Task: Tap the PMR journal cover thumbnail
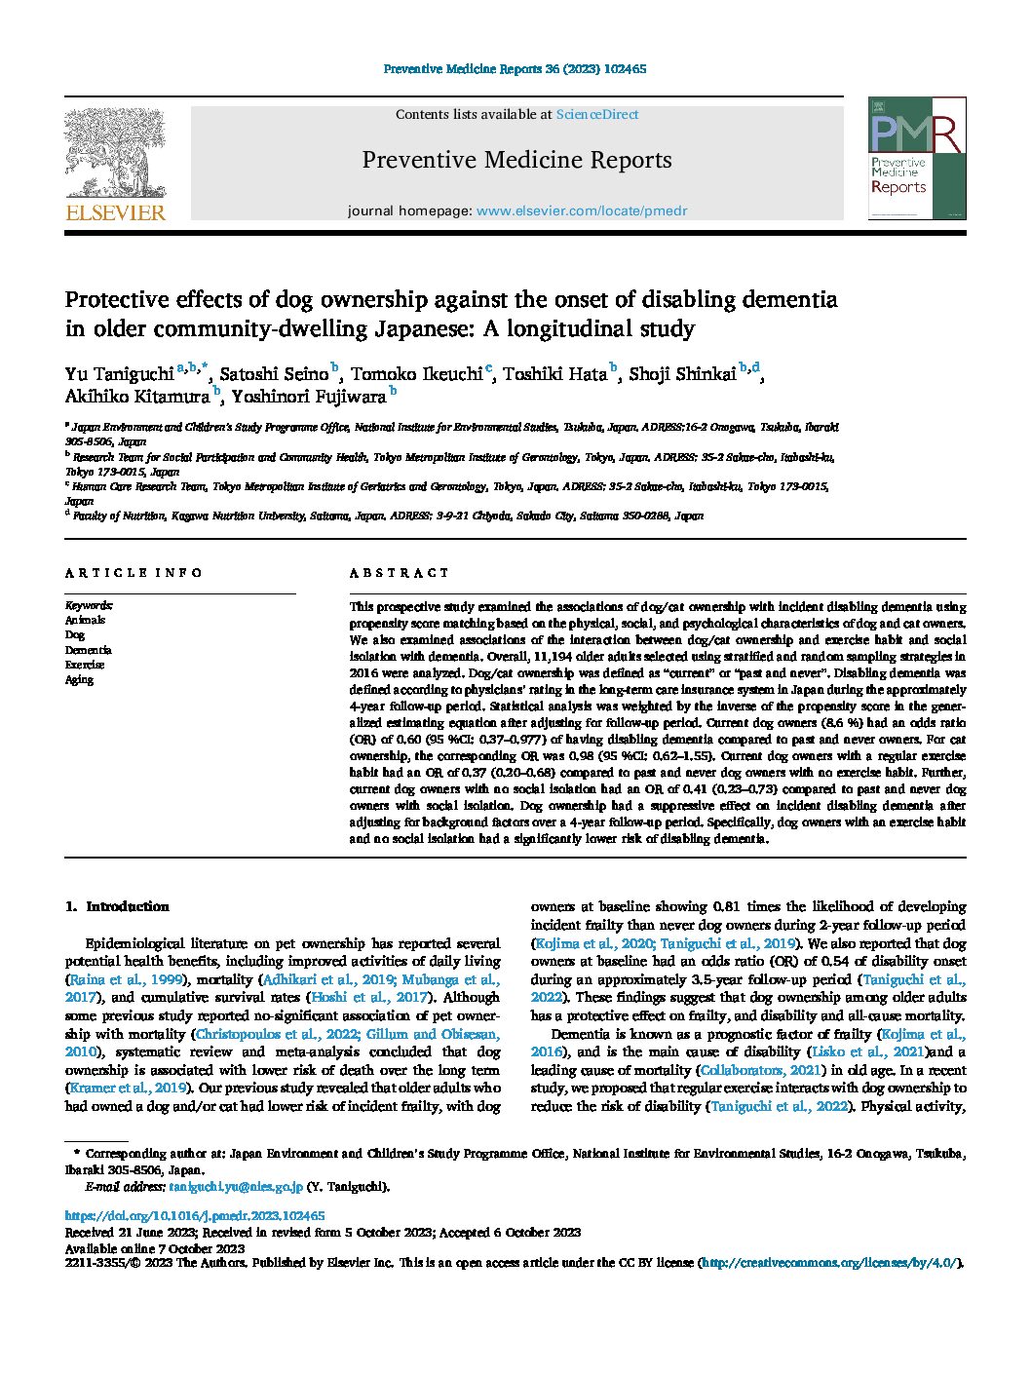[x=916, y=158]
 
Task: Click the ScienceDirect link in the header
[x=596, y=115]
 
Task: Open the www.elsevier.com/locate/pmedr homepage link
[x=581, y=210]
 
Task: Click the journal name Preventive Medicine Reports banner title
[x=516, y=160]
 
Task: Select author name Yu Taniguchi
[x=119, y=373]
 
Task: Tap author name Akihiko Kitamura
[x=137, y=397]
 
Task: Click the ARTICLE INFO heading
[x=134, y=573]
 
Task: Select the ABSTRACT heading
[x=400, y=573]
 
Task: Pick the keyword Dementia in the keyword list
[x=89, y=650]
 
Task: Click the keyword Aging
[x=80, y=680]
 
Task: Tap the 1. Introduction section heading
[x=117, y=906]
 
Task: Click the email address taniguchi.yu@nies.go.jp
[x=236, y=1187]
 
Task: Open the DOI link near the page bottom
[x=195, y=1216]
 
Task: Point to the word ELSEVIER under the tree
[x=115, y=213]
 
